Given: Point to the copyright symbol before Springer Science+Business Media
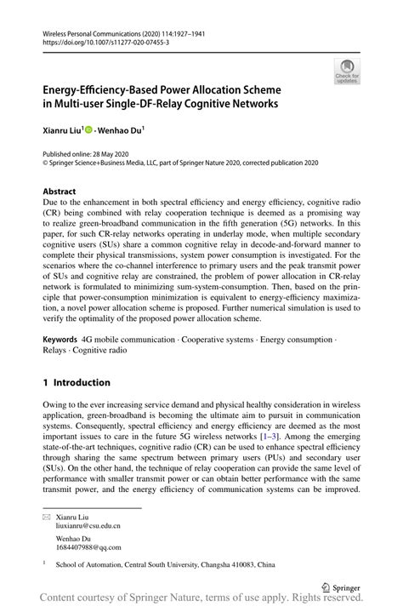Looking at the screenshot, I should (x=45, y=162).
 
